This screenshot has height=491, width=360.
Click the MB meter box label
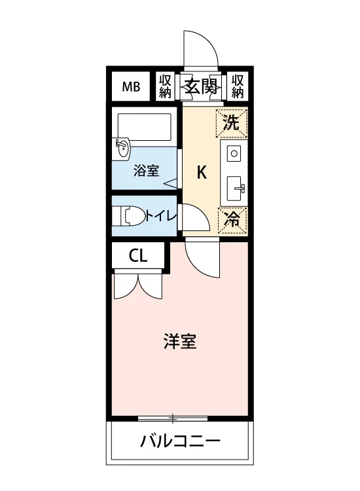(x=131, y=86)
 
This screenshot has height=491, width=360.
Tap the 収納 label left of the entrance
(x=165, y=86)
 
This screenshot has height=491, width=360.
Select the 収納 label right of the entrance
(x=238, y=86)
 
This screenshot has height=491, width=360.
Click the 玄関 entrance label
(x=200, y=86)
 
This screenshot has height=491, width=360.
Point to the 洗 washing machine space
(x=232, y=123)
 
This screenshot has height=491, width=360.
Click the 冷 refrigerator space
(x=232, y=220)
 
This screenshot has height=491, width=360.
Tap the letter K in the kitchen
(x=202, y=172)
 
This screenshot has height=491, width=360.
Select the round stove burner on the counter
(x=234, y=153)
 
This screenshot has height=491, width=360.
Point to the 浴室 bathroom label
(x=146, y=171)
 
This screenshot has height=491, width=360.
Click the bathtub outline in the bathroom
(x=144, y=127)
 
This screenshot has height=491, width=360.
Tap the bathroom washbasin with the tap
(x=122, y=149)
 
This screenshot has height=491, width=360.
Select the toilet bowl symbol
(x=132, y=215)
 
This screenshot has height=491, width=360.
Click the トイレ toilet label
(x=161, y=216)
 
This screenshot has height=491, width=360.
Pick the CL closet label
(x=138, y=257)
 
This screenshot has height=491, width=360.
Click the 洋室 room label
(x=180, y=341)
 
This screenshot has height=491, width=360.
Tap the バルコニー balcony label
(x=180, y=441)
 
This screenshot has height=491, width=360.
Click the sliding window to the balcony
(x=173, y=418)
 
